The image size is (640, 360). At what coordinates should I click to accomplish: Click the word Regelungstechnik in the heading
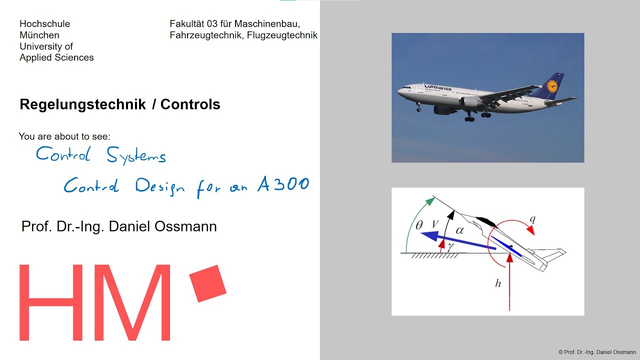click(82, 104)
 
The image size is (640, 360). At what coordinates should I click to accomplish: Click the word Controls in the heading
click(190, 104)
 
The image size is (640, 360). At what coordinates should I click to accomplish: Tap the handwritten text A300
click(283, 185)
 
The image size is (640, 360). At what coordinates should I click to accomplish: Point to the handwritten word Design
click(159, 187)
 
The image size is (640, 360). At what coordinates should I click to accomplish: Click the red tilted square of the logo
click(208, 283)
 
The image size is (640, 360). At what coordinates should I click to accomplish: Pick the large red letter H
click(51, 302)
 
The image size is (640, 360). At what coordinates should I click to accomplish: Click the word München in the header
click(39, 35)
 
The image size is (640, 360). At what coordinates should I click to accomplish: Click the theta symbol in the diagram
click(418, 225)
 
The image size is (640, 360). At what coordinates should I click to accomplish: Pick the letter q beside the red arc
click(532, 218)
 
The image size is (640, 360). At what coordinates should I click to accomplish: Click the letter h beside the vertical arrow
click(497, 283)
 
